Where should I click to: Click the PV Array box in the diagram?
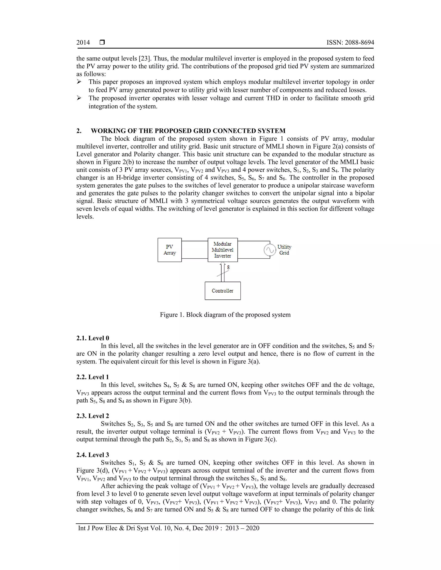[169, 250]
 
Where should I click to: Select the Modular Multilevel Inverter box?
[223, 250]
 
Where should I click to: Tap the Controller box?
[223, 291]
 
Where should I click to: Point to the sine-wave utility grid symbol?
[270, 250]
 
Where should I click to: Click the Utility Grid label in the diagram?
[284, 250]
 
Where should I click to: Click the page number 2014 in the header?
[83, 43]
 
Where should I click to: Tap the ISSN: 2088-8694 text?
[350, 43]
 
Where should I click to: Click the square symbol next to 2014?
[102, 42]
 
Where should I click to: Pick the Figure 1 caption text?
[225, 315]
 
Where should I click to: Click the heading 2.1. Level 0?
[93, 338]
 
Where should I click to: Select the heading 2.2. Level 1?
[93, 377]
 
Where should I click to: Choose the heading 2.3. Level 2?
[93, 416]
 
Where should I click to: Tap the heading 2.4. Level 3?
[93, 455]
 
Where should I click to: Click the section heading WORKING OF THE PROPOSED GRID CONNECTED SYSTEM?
[188, 131]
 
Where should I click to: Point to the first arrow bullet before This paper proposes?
[79, 82]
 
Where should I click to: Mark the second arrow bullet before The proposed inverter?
[79, 98]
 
